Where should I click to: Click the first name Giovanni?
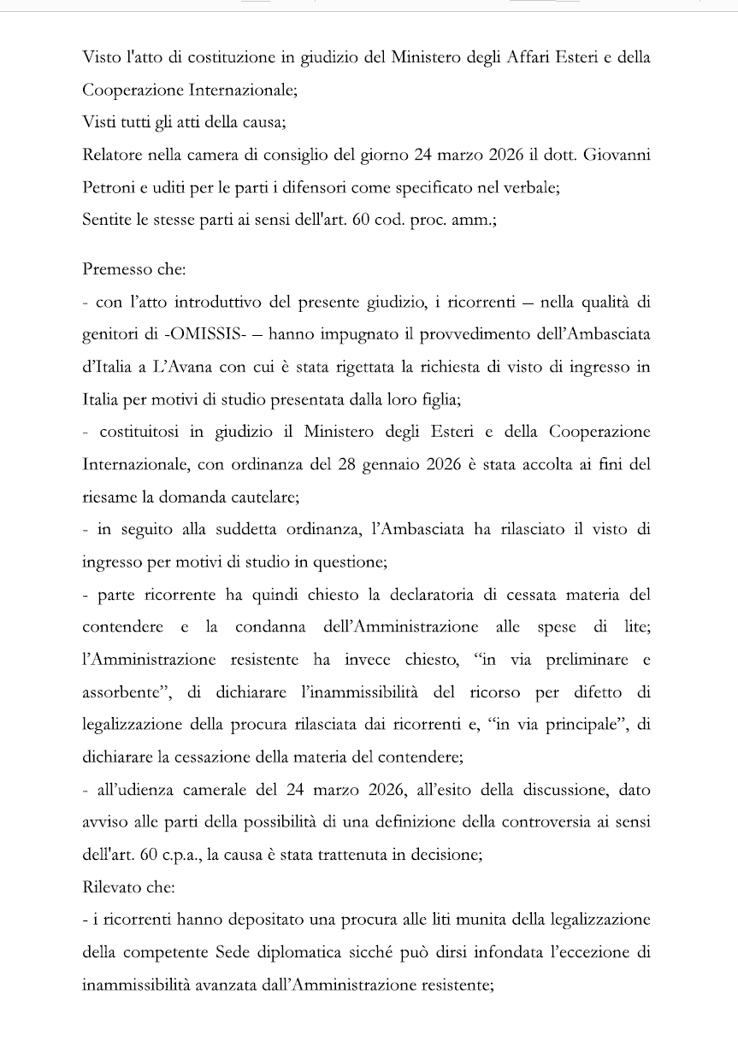tap(618, 155)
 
